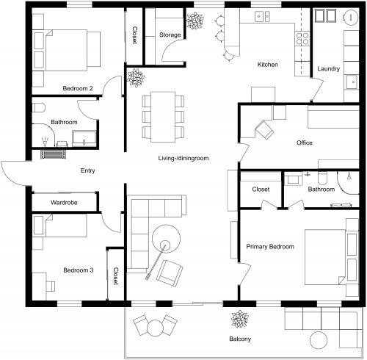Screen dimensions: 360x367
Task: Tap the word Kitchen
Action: point(267,65)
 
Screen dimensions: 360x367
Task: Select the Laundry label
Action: point(328,69)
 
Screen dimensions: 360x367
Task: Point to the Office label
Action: point(305,143)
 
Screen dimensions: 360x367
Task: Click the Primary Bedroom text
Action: point(270,247)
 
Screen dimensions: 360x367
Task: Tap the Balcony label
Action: point(239,339)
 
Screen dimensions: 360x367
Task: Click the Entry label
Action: point(88,170)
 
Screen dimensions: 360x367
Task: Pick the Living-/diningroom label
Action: point(183,158)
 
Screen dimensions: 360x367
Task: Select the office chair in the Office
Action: point(264,130)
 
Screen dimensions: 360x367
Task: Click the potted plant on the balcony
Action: point(239,320)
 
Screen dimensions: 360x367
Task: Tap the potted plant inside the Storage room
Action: point(195,22)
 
